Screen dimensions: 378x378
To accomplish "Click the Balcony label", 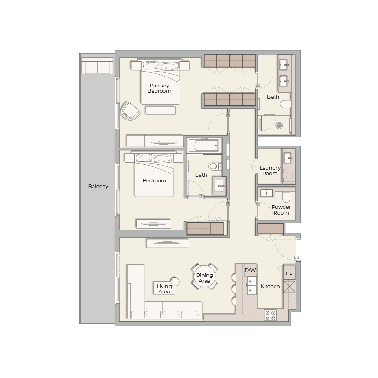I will coord(98,186).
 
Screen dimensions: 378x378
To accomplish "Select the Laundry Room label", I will coord(270,171).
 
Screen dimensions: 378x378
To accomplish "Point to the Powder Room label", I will coord(281,210).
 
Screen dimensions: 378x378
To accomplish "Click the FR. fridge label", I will coord(289,274).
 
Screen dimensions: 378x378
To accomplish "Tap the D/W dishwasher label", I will coord(250,271).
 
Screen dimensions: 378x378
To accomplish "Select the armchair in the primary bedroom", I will coord(130,112).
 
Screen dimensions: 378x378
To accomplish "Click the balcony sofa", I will coord(97,67).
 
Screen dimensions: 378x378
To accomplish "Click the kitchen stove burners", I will coord(271,315).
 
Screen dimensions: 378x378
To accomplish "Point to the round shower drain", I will coord(279,126).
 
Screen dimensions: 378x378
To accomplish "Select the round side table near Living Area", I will coord(175,282).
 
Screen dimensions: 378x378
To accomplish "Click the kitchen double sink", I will coord(251,285).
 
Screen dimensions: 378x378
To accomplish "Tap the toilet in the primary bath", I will coord(285,104).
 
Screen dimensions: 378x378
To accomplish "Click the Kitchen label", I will coord(270,286).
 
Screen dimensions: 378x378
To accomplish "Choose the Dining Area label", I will coord(205,278).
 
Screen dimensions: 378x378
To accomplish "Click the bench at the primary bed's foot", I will coord(161,110).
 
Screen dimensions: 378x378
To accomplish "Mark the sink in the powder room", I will coord(266,192).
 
